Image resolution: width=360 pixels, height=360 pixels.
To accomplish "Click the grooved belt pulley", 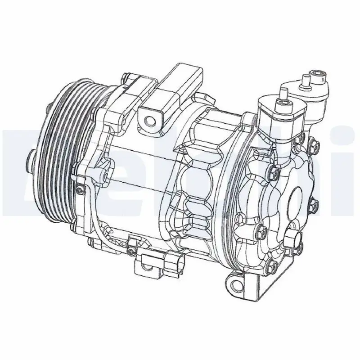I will point(63,148).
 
